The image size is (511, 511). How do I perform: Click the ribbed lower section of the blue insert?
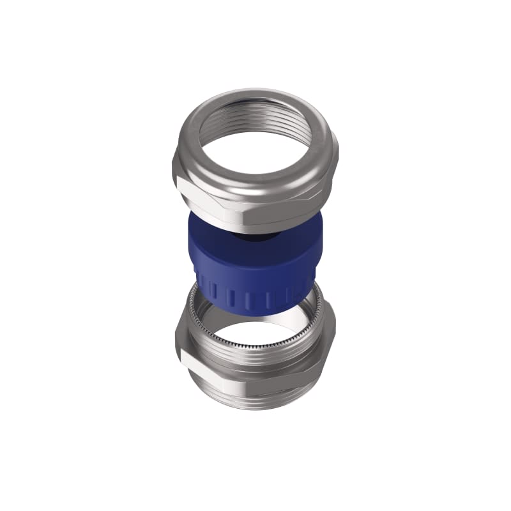[x=256, y=297]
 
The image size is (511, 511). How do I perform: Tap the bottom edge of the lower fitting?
[x=256, y=408]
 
